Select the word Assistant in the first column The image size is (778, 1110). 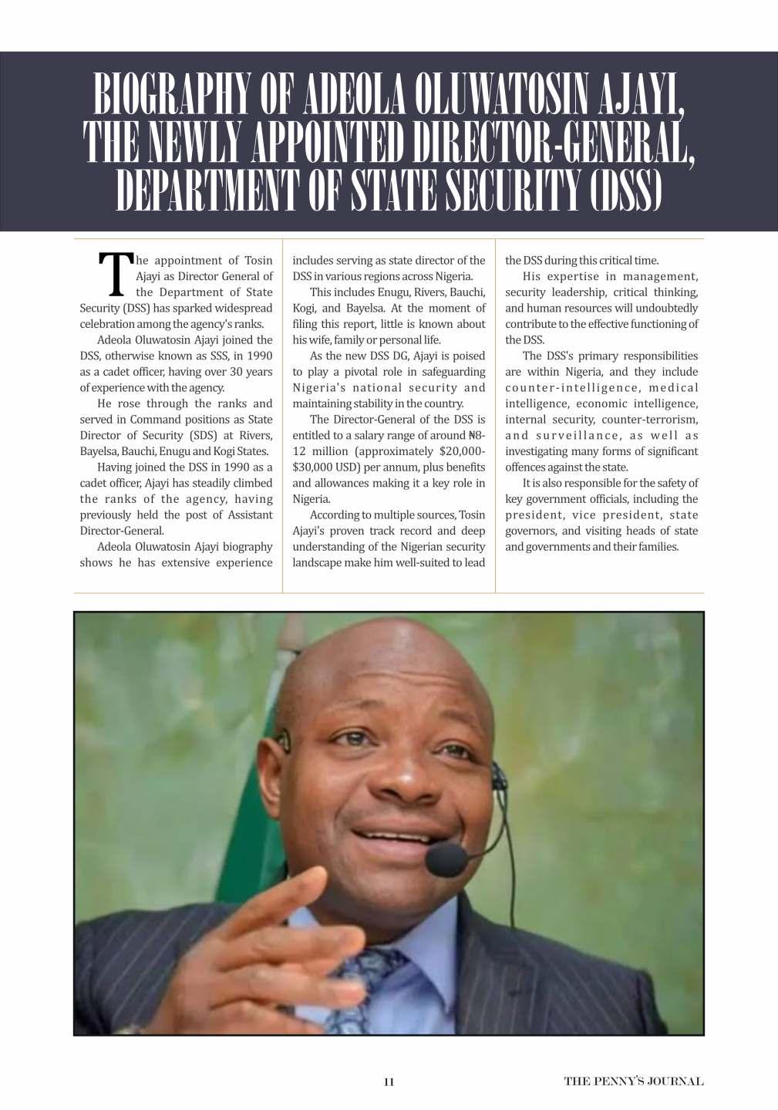pos(247,515)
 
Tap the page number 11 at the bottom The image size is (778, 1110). pos(389,1081)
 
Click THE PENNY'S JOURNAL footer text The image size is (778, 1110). pos(633,1081)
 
